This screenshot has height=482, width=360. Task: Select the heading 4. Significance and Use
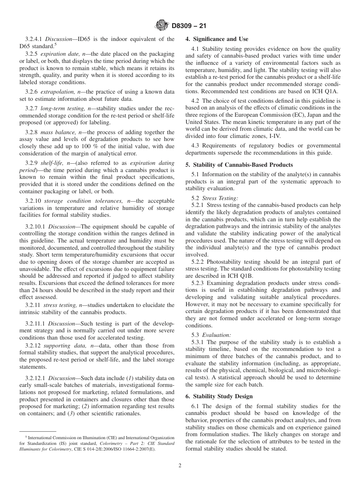pos(216,39)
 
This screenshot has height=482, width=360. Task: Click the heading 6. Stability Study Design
pos(219,396)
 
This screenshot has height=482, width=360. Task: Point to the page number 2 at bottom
pos(180,466)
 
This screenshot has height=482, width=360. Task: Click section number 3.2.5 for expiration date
pos(32,54)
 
